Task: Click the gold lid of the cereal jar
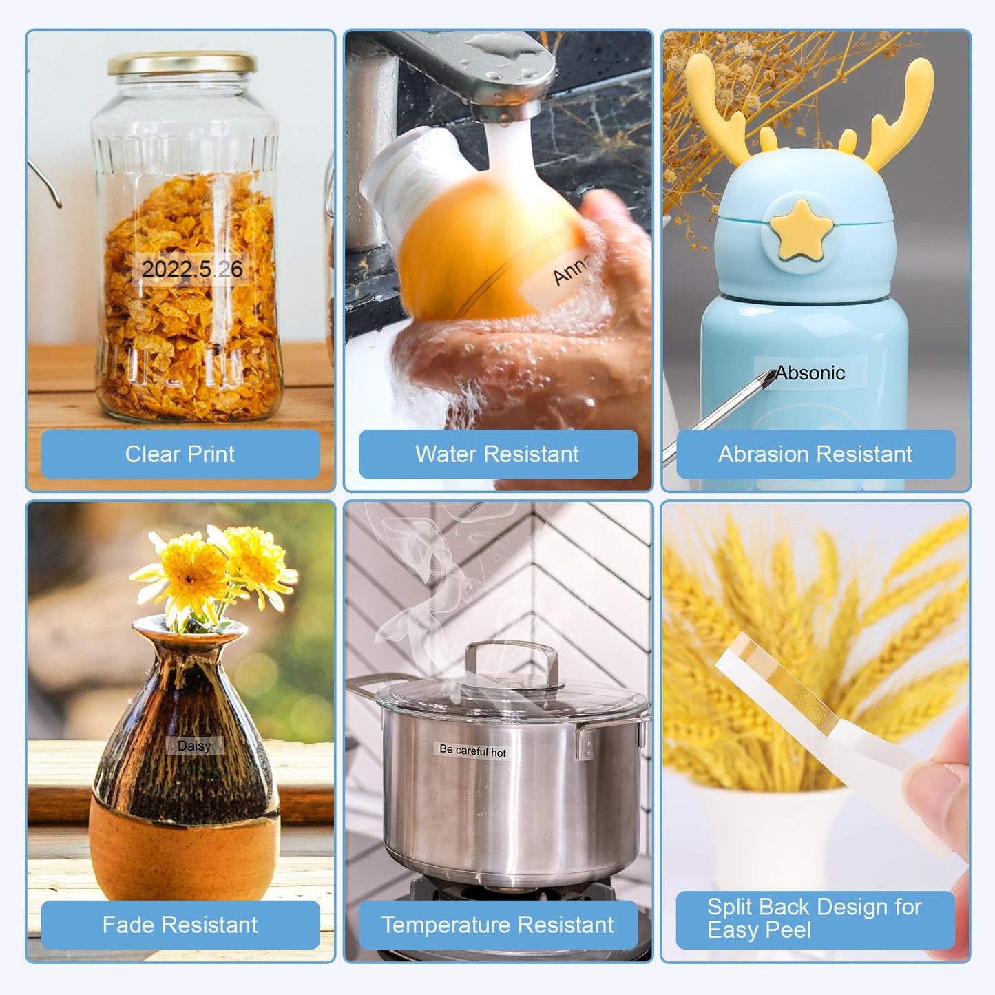tap(182, 63)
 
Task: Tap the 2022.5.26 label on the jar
tap(191, 269)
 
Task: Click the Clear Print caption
tap(180, 454)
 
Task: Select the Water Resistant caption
tap(496, 454)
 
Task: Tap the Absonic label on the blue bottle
tap(810, 373)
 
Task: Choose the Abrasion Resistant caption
tap(815, 454)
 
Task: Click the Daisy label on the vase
tap(195, 745)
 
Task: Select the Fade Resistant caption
tap(180, 924)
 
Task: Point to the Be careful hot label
tap(472, 751)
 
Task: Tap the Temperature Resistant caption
tap(498, 924)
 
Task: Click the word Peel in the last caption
tap(788, 930)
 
